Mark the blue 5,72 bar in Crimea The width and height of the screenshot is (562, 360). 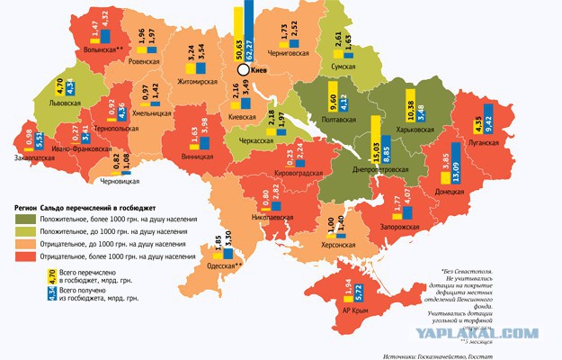click(x=360, y=287)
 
